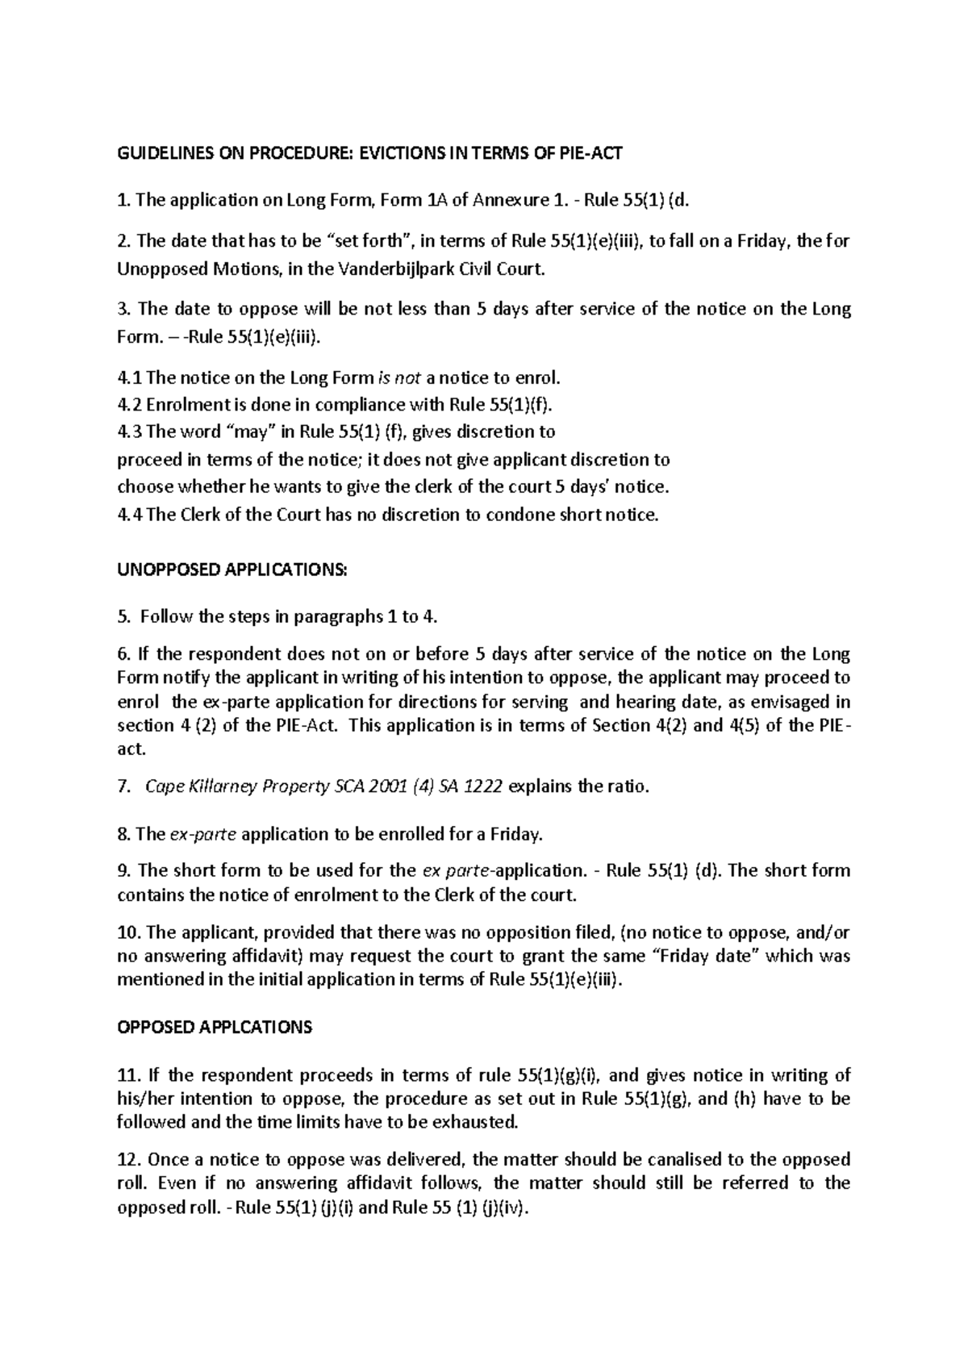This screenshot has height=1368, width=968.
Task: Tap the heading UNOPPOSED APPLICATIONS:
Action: pos(232,569)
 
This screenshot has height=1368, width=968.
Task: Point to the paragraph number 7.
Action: pos(123,787)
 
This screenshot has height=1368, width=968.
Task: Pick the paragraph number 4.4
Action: pos(130,515)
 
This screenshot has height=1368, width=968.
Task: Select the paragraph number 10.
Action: pos(129,933)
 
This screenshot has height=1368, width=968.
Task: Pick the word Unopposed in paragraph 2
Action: pos(157,269)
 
